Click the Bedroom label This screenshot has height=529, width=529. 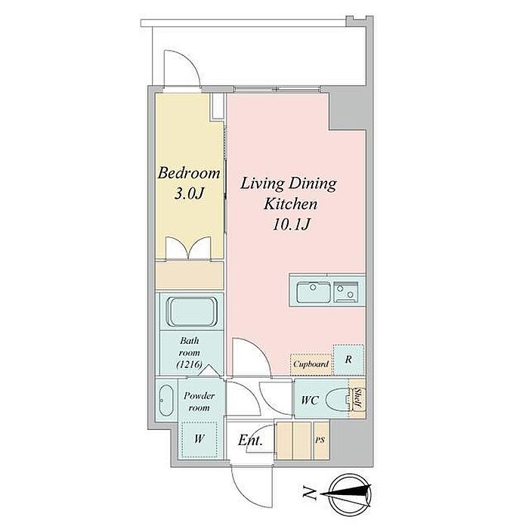click(189, 173)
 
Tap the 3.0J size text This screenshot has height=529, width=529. click(189, 193)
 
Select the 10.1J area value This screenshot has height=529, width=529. click(291, 224)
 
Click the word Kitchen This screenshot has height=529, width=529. click(291, 204)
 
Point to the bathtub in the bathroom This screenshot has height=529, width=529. click(192, 311)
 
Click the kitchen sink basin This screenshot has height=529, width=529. click(313, 292)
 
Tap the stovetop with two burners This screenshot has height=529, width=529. click(345, 292)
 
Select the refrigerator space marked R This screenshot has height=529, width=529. click(348, 360)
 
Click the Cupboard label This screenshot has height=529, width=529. click(311, 364)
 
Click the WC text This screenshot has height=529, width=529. click(310, 400)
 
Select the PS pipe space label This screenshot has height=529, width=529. click(320, 440)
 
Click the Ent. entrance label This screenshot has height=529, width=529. click(250, 440)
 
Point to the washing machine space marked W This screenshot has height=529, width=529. click(199, 439)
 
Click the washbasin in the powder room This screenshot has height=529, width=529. click(166, 401)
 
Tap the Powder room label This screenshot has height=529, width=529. click(199, 401)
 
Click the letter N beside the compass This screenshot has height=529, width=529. click(309, 493)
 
